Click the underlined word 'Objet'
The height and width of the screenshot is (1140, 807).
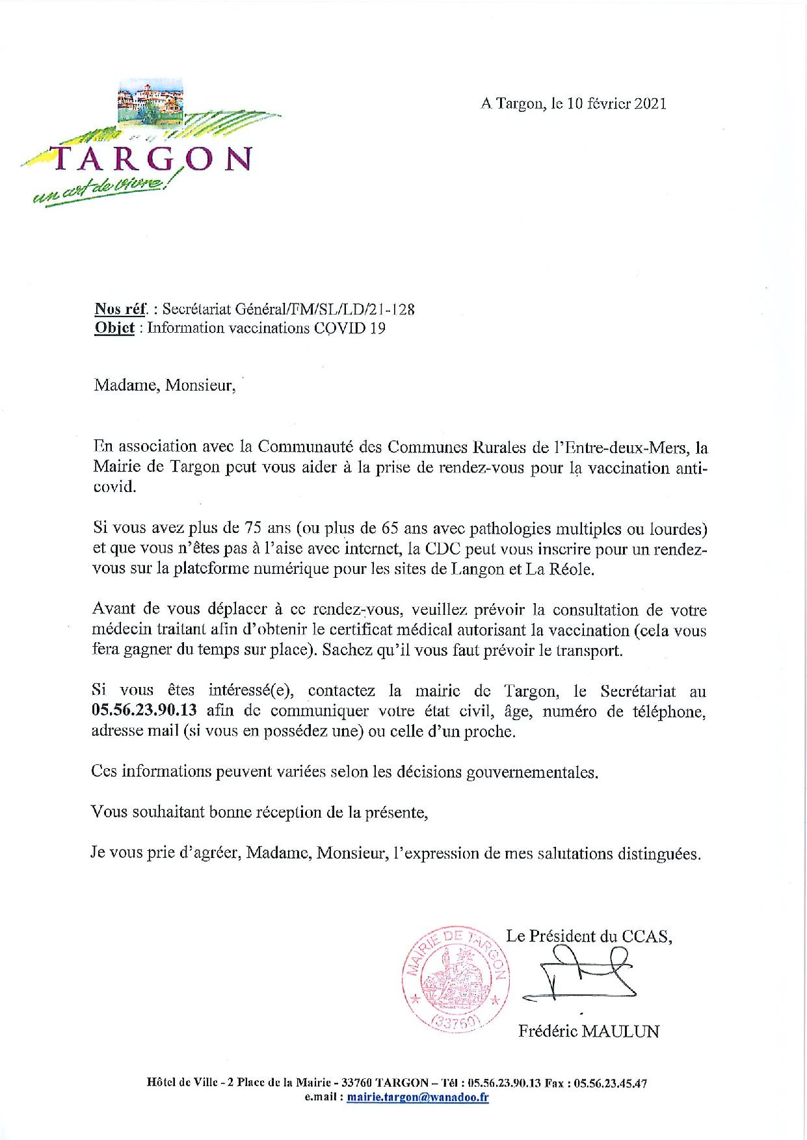coord(114,328)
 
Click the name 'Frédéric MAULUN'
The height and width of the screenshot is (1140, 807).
coord(589,1031)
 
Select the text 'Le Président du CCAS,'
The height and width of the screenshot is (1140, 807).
coord(589,937)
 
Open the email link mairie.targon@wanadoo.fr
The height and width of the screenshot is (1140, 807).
coord(418,1098)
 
